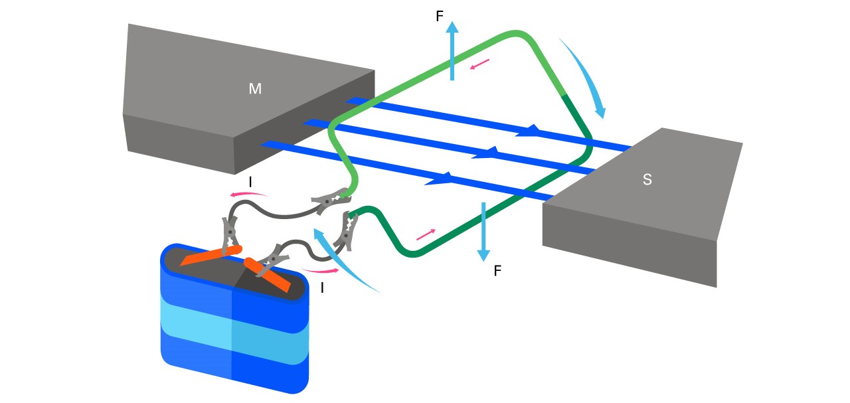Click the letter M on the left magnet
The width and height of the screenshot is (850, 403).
pyautogui.click(x=255, y=88)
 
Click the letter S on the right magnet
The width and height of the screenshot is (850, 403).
pyautogui.click(x=647, y=179)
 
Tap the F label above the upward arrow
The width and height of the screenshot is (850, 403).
pyautogui.click(x=440, y=17)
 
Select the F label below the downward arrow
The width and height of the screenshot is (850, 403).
pyautogui.click(x=497, y=271)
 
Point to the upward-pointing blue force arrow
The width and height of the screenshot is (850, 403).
pyautogui.click(x=452, y=50)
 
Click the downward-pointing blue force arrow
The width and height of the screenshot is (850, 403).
pyautogui.click(x=483, y=232)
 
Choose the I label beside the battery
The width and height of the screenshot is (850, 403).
pyautogui.click(x=322, y=288)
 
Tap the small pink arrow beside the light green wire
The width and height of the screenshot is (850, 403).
pyautogui.click(x=480, y=65)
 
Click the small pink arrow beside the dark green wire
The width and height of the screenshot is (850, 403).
pyautogui.click(x=426, y=234)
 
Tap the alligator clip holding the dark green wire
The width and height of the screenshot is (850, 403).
pyautogui.click(x=347, y=230)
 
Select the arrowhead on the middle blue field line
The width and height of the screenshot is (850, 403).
pyautogui.click(x=485, y=153)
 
